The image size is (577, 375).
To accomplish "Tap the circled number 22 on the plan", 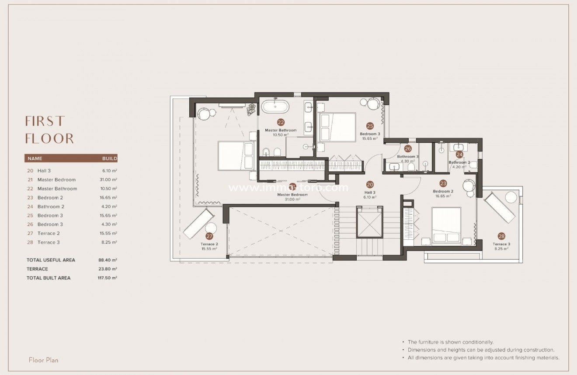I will [281, 123].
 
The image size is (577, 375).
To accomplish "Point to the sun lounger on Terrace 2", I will [198, 224].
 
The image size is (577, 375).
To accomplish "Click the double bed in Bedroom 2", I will [446, 226].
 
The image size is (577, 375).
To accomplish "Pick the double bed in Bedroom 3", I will [337, 127].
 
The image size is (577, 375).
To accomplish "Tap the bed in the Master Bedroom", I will [236, 155].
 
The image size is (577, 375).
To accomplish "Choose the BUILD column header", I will [109, 159].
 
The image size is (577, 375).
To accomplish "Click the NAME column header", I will [35, 159].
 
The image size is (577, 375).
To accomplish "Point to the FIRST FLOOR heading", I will [49, 130].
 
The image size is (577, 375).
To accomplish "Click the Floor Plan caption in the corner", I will [43, 360].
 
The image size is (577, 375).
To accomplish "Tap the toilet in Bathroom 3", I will [411, 167].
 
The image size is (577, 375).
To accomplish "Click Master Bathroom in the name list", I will [57, 189].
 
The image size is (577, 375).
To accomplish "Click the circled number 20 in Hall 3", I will [370, 185].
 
